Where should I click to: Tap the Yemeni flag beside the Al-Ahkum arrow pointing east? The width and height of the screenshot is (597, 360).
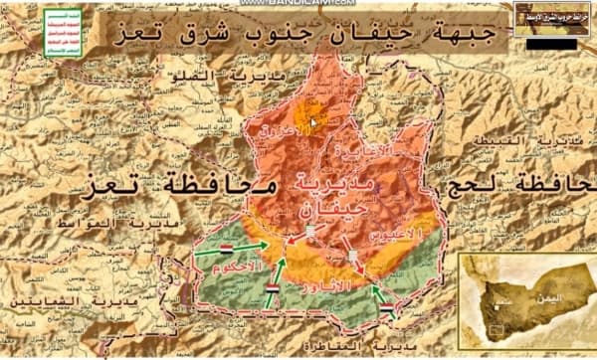pos(227,245)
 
